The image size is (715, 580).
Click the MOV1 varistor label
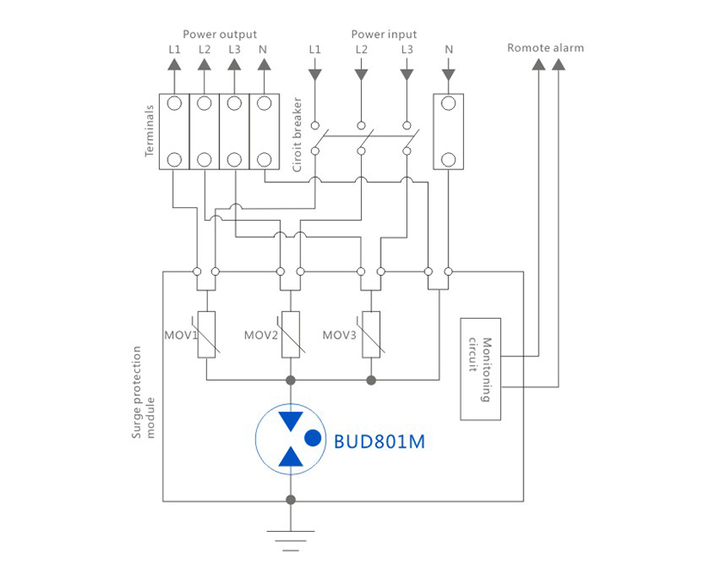click(180, 335)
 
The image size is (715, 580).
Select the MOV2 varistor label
click(260, 335)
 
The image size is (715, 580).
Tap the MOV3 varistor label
click(339, 335)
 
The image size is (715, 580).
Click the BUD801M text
click(379, 443)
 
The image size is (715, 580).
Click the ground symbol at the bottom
click(290, 538)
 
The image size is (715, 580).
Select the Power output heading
click(219, 34)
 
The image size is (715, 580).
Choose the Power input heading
click(383, 34)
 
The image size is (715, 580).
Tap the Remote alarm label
click(545, 48)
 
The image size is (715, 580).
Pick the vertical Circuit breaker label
click(297, 134)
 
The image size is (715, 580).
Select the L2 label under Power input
click(361, 50)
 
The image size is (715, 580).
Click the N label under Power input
click(449, 50)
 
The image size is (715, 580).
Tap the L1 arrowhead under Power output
click(174, 65)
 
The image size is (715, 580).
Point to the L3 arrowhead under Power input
click(406, 75)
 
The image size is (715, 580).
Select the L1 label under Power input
click(315, 50)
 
